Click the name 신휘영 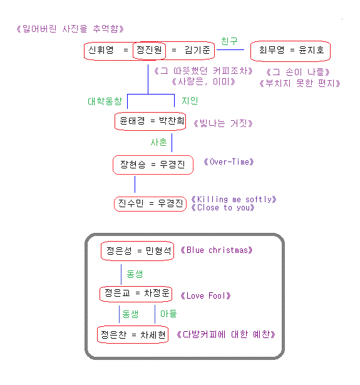coord(101,50)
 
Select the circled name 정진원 coord(149,50)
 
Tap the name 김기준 coord(197,50)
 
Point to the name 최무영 coord(272,50)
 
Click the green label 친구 coord(229,41)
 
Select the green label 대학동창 coord(105,101)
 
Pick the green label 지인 coord(190,101)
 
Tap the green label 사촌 coord(158,142)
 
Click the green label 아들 coord(168,314)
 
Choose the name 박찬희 coord(172,121)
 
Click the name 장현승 coord(133,164)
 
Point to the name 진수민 coord(131,203)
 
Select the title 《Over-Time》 coord(229,162)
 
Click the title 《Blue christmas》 coord(217,250)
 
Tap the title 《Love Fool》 coord(205,295)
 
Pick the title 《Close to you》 coord(223,208)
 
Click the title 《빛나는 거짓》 coord(223,123)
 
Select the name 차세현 coord(153,335)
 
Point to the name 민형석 coord(158,250)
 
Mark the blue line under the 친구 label coord(230,50)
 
